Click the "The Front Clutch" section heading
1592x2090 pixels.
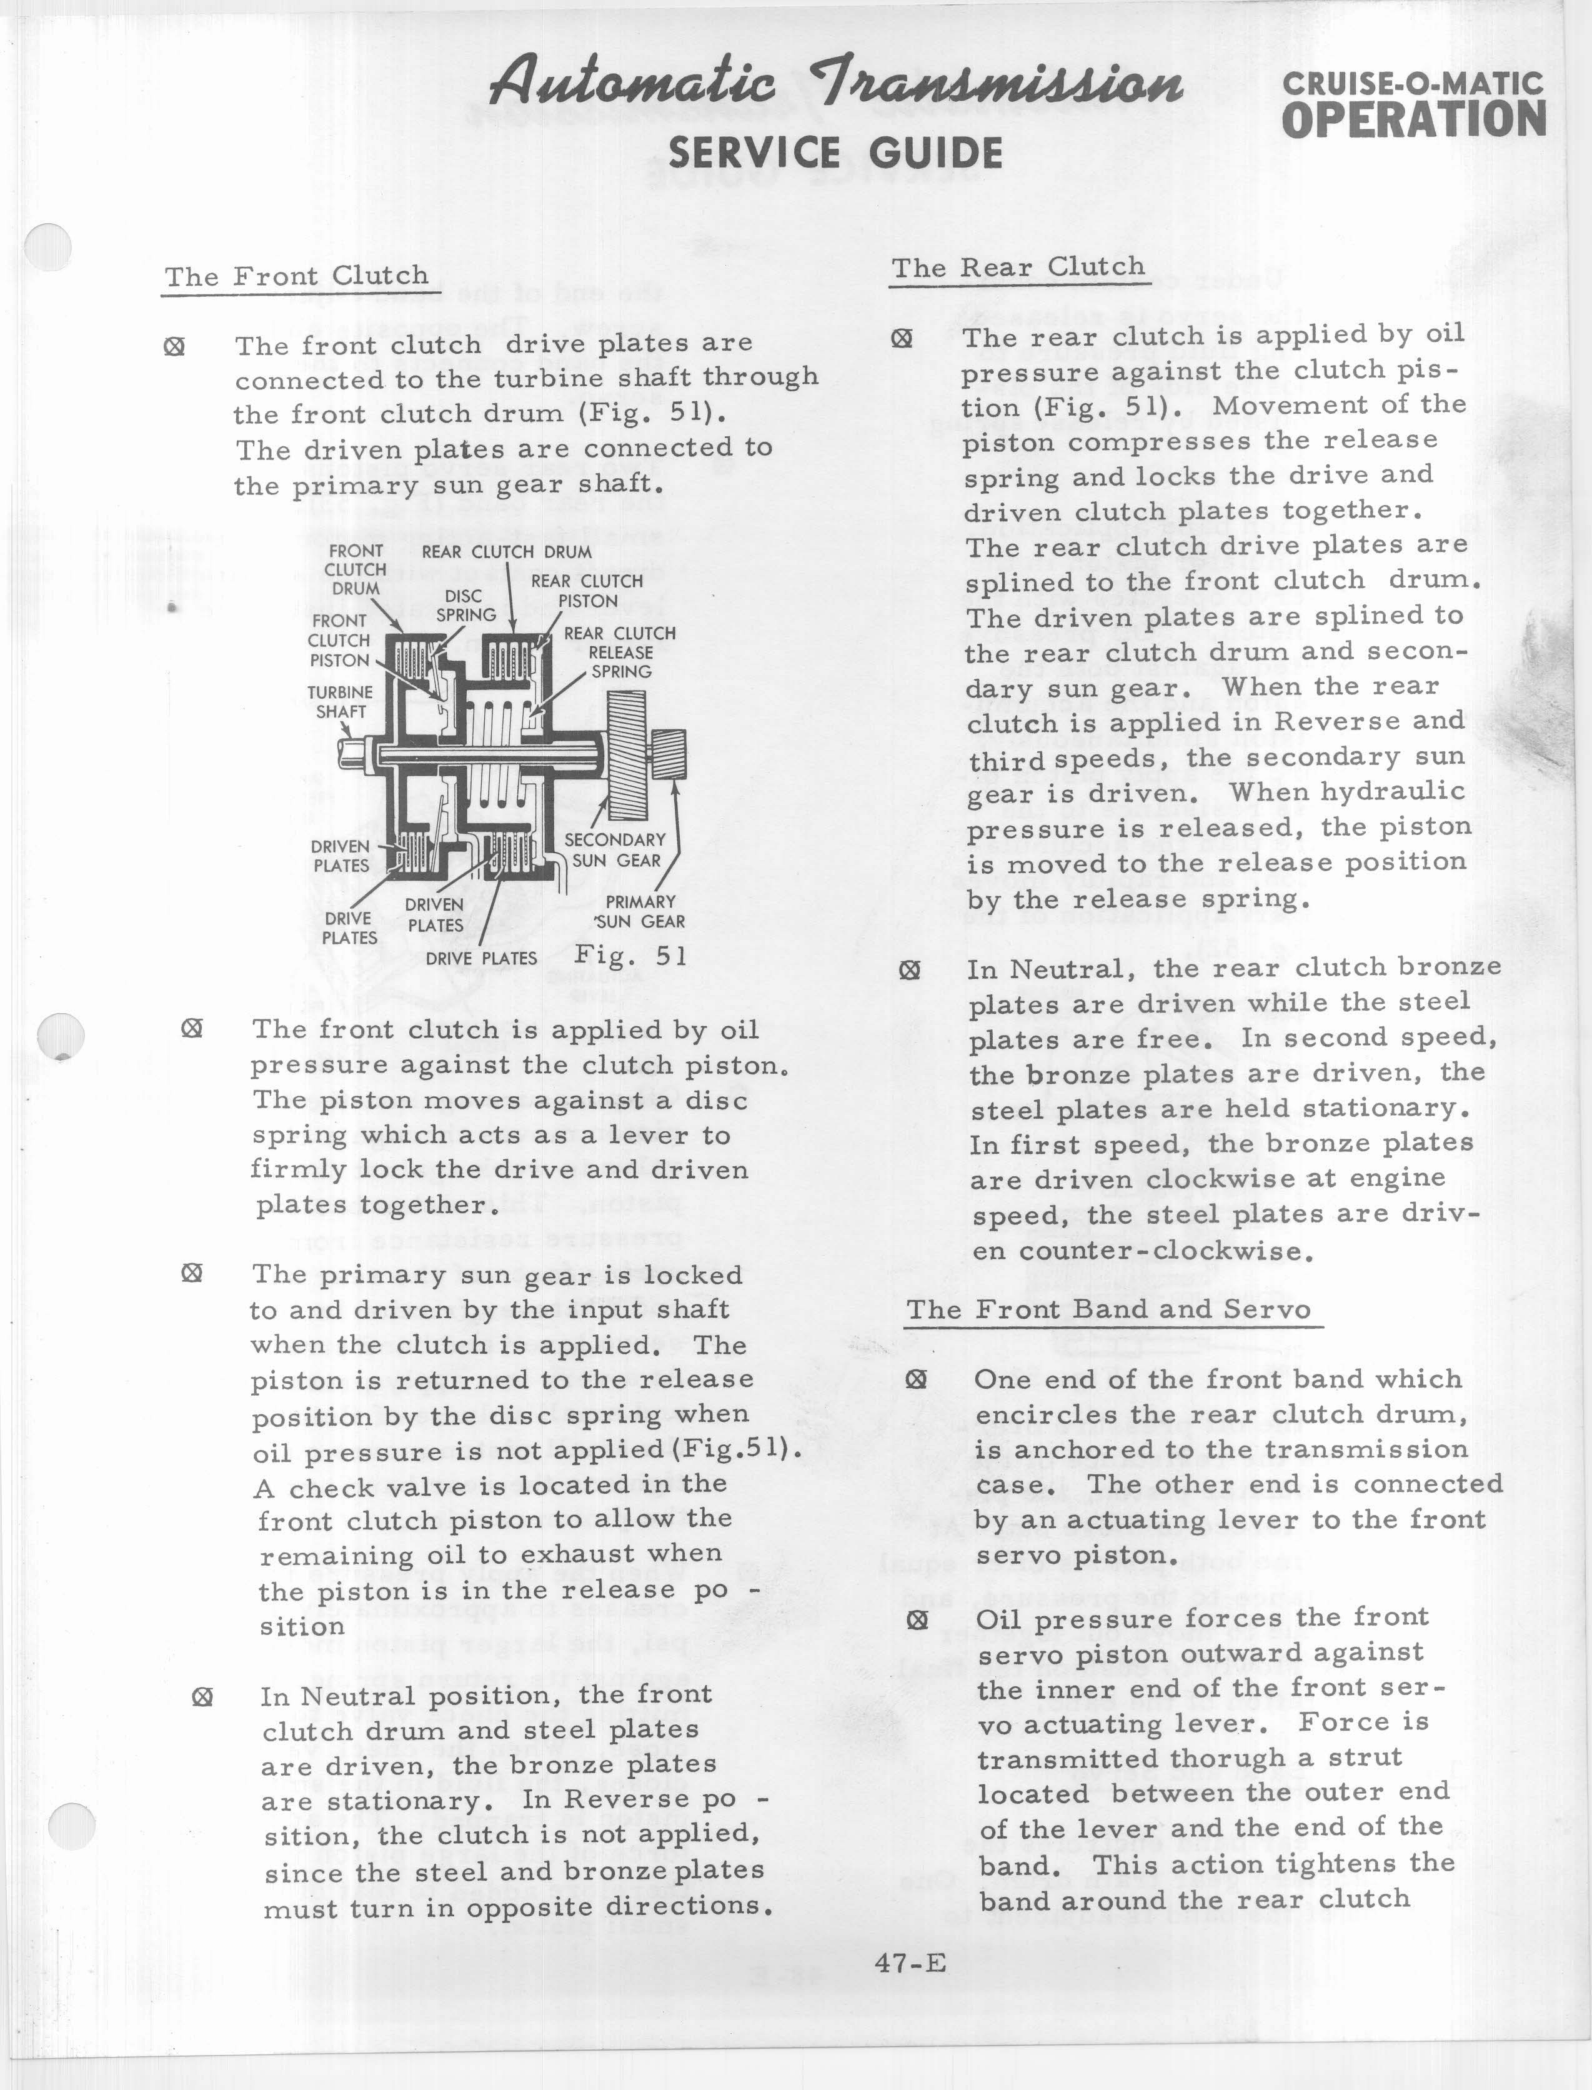point(296,277)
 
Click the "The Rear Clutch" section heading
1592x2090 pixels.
point(1018,268)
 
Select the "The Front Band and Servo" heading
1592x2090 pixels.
point(1108,1310)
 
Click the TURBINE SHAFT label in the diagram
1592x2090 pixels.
point(341,702)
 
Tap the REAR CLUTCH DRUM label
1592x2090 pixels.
point(506,552)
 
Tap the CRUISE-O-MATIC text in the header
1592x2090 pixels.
point(1412,82)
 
